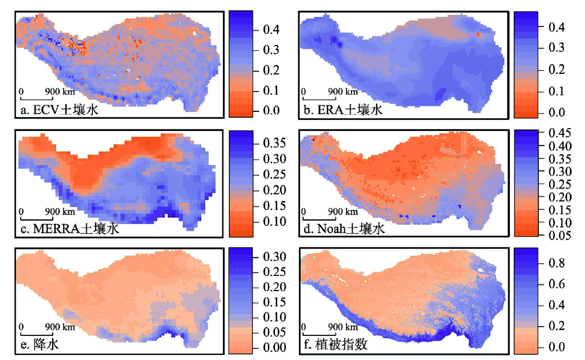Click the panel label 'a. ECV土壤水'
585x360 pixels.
[x=59, y=110]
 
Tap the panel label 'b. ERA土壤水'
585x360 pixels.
[x=343, y=110]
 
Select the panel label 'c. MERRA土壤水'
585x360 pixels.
[x=70, y=228]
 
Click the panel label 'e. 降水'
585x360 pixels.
[x=40, y=344]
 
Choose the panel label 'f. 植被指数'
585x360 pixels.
[x=335, y=344]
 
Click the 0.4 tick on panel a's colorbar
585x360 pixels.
[x=272, y=30]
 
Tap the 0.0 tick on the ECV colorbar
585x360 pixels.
[x=272, y=110]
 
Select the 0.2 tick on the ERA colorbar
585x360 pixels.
[x=556, y=69]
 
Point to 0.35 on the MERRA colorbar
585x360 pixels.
[x=274, y=143]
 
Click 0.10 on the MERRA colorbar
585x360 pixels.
[x=274, y=222]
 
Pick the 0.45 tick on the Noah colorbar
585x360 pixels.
[x=560, y=133]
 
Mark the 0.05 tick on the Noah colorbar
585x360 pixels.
[x=560, y=235]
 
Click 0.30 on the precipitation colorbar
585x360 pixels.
[x=274, y=256]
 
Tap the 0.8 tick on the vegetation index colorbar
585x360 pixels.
[x=556, y=263]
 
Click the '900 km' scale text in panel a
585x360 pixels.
[x=60, y=91]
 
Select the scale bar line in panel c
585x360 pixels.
[x=36, y=218]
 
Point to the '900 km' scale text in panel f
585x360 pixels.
[x=343, y=327]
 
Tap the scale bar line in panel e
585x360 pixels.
[x=36, y=334]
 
